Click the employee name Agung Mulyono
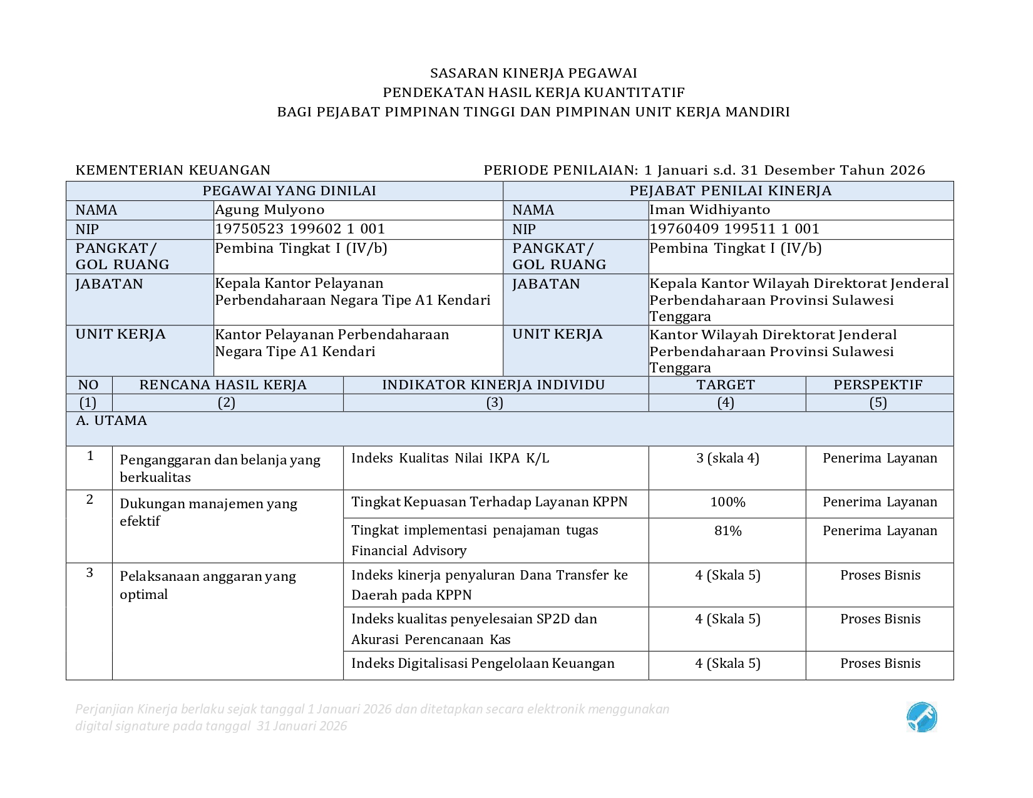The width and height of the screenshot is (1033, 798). pyautogui.click(x=270, y=210)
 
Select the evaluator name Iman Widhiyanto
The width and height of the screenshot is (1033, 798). pyautogui.click(x=709, y=210)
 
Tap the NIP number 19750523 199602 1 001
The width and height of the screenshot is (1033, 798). pyautogui.click(x=300, y=229)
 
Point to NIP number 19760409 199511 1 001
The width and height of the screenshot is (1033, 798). pyautogui.click(x=734, y=229)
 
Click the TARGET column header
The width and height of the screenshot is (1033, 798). pyautogui.click(x=726, y=385)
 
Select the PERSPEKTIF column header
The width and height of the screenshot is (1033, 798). pyautogui.click(x=878, y=385)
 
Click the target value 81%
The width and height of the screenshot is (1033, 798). pyautogui.click(x=727, y=531)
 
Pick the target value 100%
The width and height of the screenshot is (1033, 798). pyautogui.click(x=727, y=503)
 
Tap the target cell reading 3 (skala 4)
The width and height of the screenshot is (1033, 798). pyautogui.click(x=727, y=458)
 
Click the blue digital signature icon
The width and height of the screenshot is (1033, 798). pyautogui.click(x=922, y=717)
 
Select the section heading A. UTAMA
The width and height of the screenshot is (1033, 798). pyautogui.click(x=111, y=421)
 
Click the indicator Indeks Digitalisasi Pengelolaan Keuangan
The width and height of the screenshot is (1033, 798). pyautogui.click(x=483, y=663)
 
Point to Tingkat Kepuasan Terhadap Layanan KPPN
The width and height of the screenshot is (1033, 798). pyautogui.click(x=489, y=502)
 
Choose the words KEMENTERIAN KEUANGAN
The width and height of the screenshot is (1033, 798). pyautogui.click(x=173, y=170)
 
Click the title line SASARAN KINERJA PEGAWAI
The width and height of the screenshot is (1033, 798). pyautogui.click(x=533, y=73)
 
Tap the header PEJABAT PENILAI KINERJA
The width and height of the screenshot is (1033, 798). pyautogui.click(x=730, y=191)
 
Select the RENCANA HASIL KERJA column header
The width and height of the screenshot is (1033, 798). pyautogui.click(x=223, y=385)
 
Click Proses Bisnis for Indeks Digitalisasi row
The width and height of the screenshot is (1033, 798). pyautogui.click(x=880, y=663)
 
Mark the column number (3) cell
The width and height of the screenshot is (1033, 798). pyautogui.click(x=495, y=402)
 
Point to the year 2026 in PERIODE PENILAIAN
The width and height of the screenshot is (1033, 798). pyautogui.click(x=907, y=170)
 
